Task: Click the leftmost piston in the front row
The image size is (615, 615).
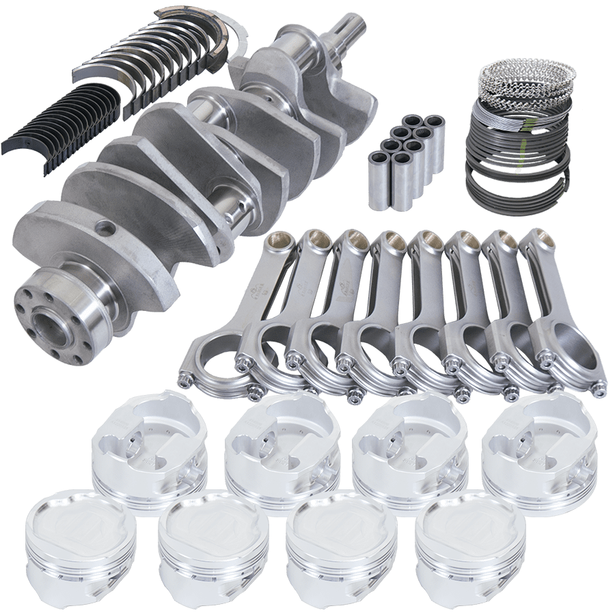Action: pos(71,540)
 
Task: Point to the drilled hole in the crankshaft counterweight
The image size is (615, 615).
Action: pos(104,228)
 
